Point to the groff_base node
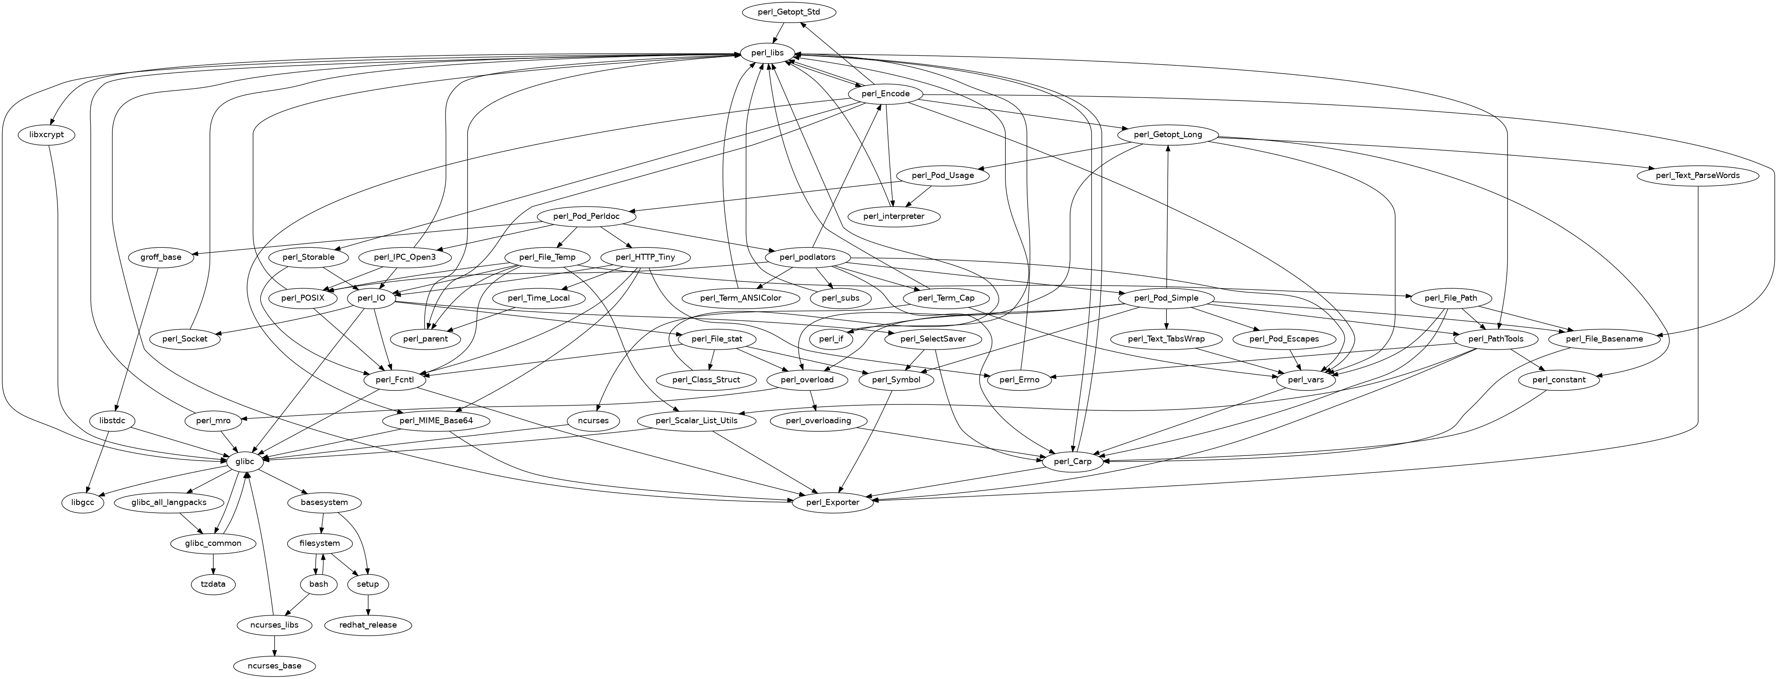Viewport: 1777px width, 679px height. click(161, 258)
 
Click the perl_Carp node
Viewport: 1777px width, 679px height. click(1072, 461)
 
